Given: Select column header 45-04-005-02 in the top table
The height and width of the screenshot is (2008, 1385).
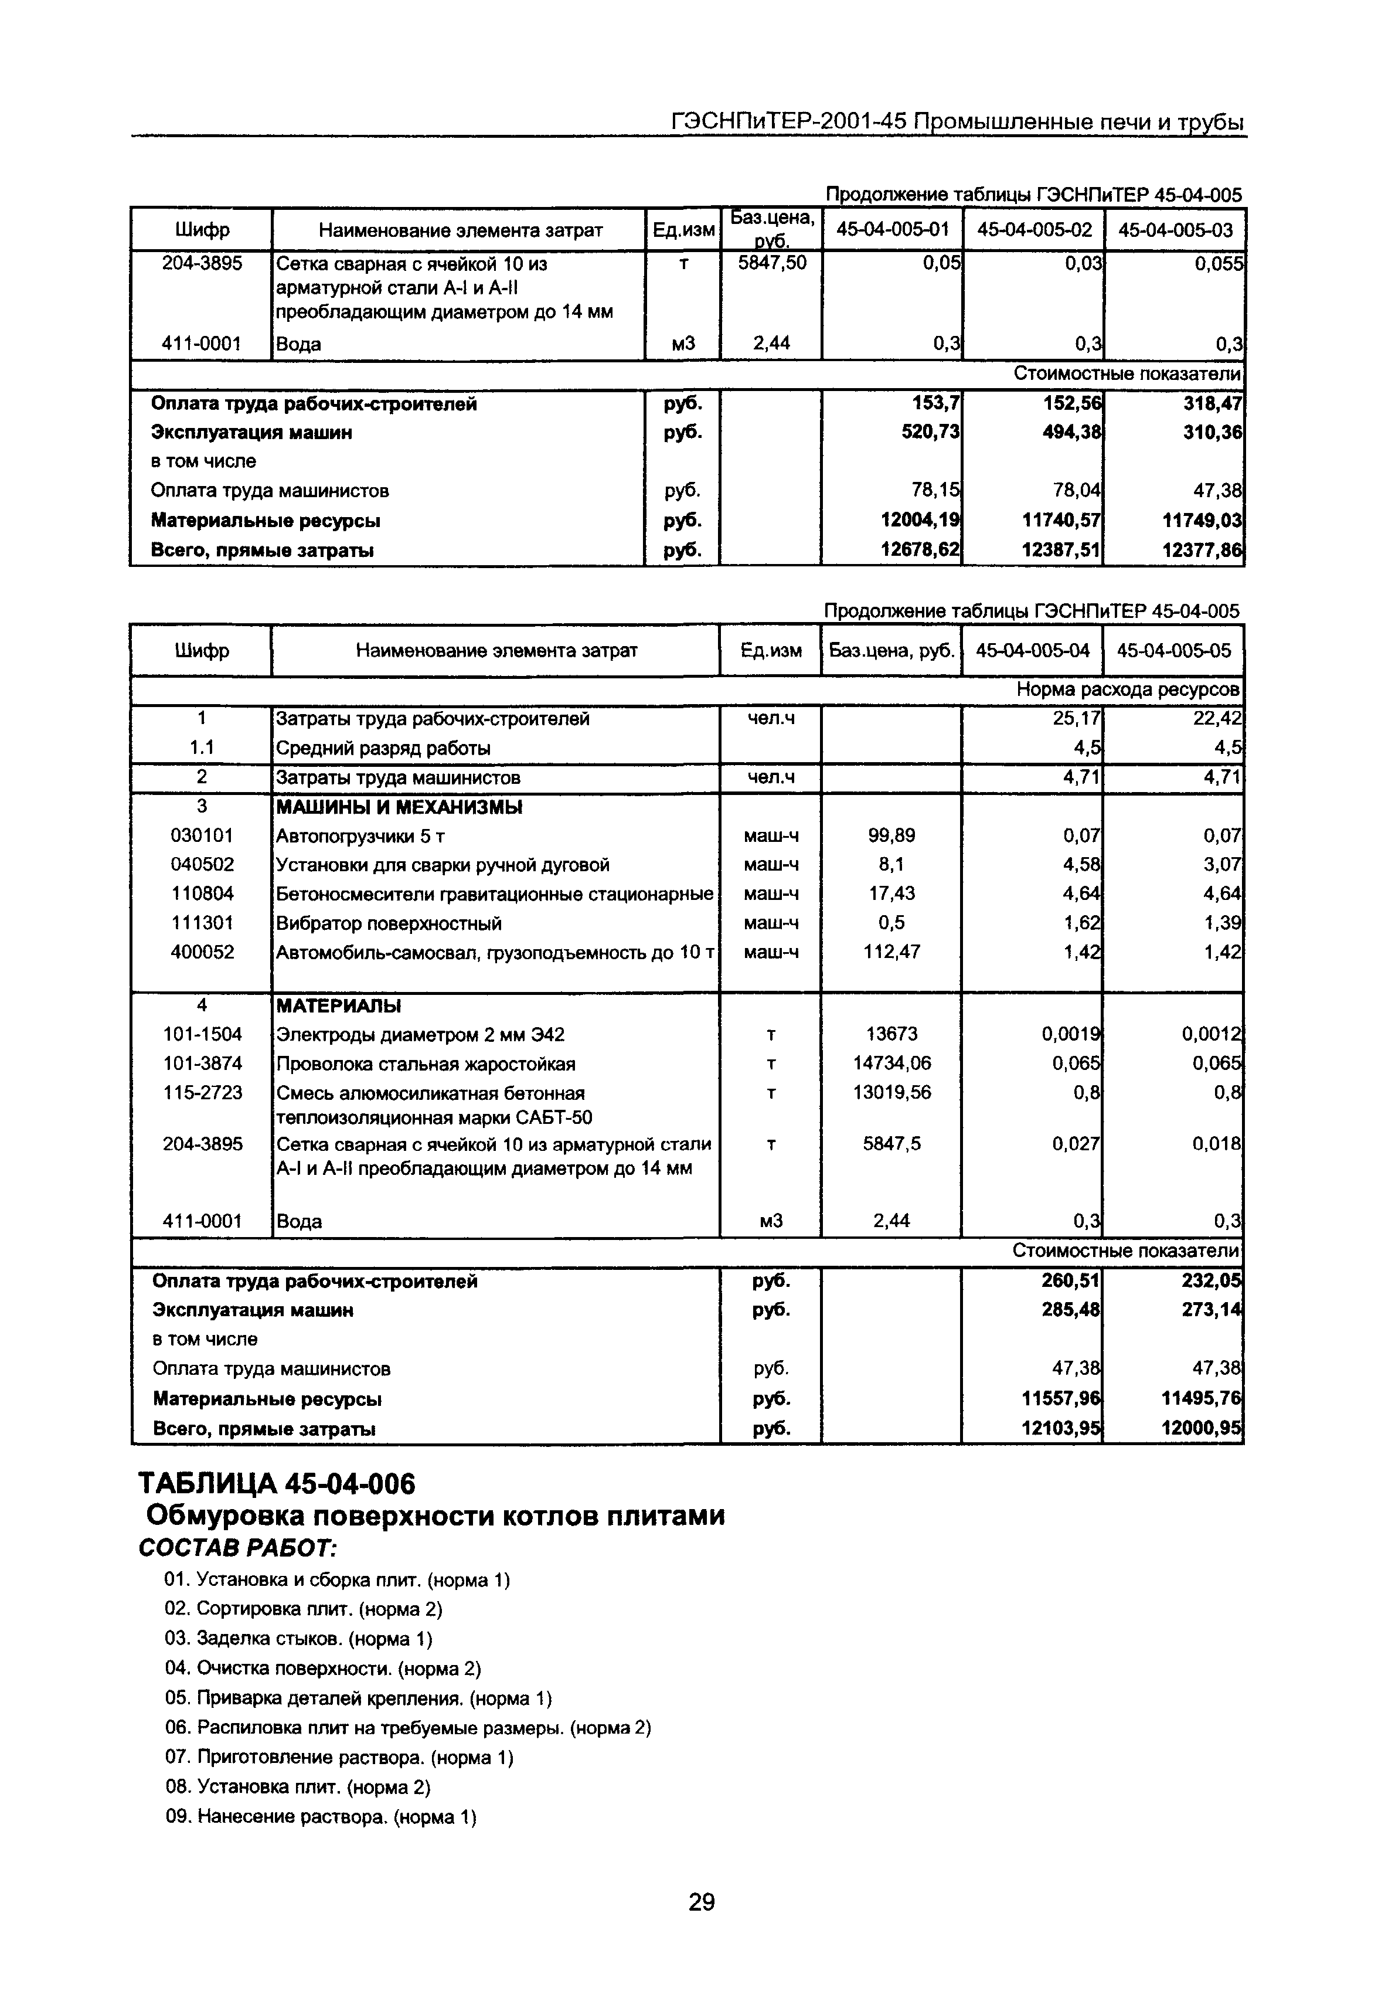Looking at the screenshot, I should (1033, 230).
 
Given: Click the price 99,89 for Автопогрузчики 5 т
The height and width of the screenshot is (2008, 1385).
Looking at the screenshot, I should (891, 835).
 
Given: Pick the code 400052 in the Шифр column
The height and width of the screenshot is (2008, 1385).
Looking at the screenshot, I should (202, 952).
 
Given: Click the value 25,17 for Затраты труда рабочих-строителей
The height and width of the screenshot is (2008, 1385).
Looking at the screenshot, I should (1076, 719).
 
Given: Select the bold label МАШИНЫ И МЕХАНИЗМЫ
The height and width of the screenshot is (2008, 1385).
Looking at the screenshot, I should (399, 807).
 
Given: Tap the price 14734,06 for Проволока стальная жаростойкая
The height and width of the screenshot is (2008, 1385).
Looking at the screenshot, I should (891, 1063).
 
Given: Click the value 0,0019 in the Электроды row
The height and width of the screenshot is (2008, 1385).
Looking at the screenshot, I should (1071, 1034).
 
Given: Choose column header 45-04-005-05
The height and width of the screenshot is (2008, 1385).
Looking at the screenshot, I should (1173, 650).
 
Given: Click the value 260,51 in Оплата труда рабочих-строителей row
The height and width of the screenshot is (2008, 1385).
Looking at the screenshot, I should (1070, 1282).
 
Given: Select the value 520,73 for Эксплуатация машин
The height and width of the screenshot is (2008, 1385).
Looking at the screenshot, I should (931, 432).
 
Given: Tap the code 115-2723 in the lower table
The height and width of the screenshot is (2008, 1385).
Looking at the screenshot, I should (202, 1092).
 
